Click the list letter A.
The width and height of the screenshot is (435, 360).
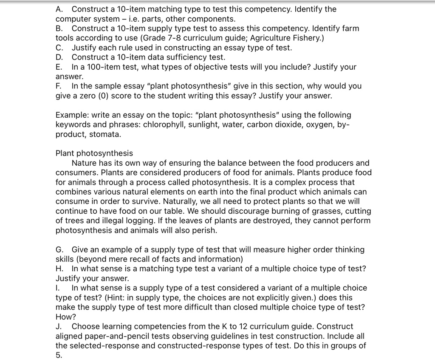[59, 9]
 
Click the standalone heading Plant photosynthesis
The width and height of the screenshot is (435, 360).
[94, 153]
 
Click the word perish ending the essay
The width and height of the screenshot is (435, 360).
[205, 230]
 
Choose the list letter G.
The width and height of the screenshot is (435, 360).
[59, 249]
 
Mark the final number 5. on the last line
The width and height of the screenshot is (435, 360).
[59, 355]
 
